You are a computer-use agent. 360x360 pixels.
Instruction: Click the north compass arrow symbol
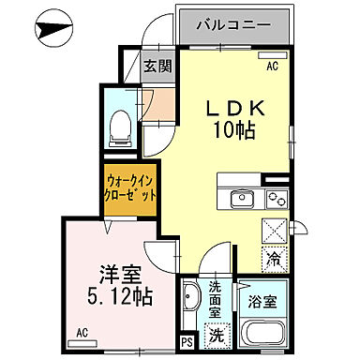tap(56, 27)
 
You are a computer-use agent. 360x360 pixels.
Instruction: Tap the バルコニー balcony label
tap(233, 25)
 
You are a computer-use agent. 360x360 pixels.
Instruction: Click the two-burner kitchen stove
tap(276, 198)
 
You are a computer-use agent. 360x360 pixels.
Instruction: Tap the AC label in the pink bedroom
tap(82, 333)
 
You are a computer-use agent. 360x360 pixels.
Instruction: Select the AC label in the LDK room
tap(272, 67)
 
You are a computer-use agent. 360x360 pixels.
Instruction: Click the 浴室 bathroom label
tap(262, 302)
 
